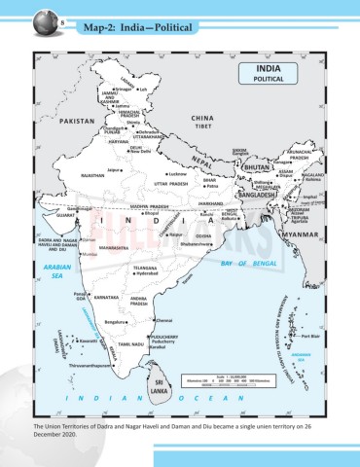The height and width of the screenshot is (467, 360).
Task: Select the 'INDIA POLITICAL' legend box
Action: coord(269,75)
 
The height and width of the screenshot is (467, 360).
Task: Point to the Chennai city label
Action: coord(163,320)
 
